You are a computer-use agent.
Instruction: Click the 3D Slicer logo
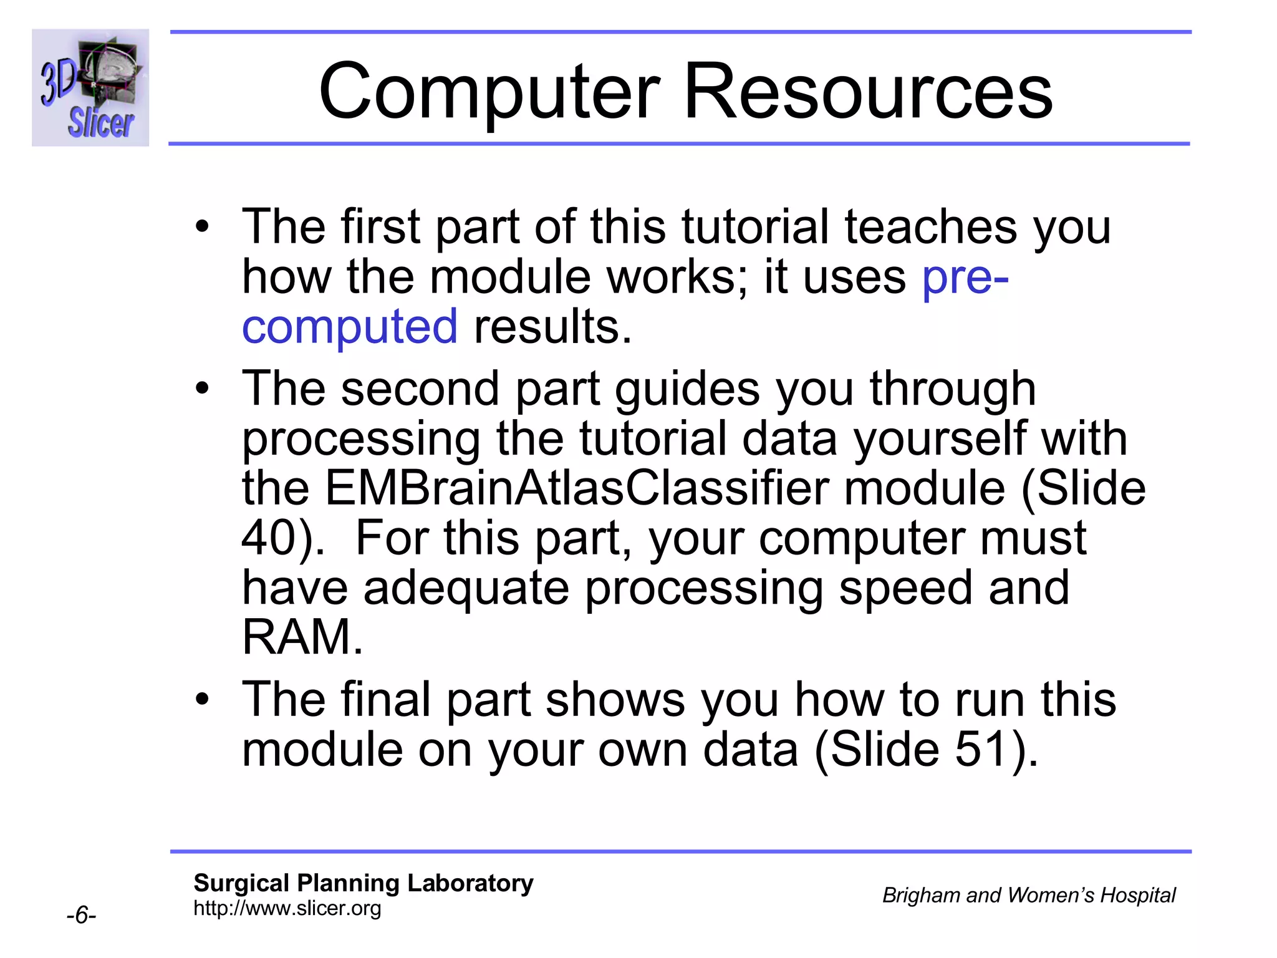(90, 87)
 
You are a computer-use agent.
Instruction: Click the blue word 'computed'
(350, 326)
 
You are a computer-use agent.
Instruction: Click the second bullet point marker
(201, 389)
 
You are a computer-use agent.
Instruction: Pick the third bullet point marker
(201, 700)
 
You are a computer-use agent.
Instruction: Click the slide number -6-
(81, 915)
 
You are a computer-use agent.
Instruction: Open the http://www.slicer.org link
(287, 908)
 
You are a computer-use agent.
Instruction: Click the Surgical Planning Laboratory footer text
(364, 883)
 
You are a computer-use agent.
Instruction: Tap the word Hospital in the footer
(1137, 895)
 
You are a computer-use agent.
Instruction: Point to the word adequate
(466, 588)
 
